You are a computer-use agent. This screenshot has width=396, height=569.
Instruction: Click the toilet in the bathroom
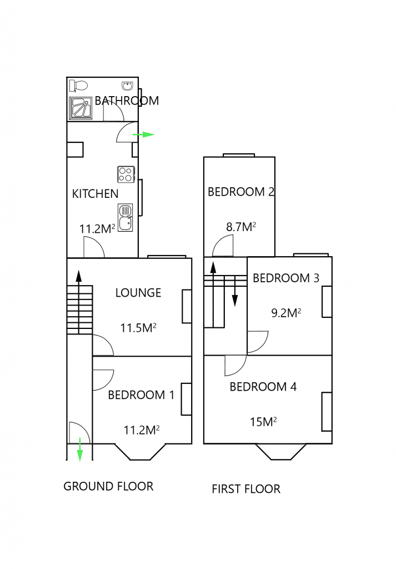[78, 86]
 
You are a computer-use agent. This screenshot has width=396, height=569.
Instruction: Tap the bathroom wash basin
[127, 86]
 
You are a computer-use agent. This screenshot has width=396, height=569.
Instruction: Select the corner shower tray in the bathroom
[81, 108]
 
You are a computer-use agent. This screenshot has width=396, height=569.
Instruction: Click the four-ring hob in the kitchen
[126, 174]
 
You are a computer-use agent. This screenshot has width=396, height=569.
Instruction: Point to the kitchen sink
[126, 216]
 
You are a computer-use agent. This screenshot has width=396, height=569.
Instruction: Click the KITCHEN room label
[96, 194]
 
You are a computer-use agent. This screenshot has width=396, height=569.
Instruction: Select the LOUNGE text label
[138, 293]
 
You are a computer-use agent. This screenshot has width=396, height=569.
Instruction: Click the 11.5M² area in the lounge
[138, 328]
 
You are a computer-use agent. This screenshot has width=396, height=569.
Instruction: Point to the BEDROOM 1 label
[141, 395]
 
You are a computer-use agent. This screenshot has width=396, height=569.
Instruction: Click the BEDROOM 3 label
[286, 278]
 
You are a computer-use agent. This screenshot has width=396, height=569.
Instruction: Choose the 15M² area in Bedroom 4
[263, 422]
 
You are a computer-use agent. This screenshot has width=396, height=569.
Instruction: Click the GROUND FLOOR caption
[108, 487]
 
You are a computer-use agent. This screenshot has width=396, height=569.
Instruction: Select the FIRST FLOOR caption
[246, 489]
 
